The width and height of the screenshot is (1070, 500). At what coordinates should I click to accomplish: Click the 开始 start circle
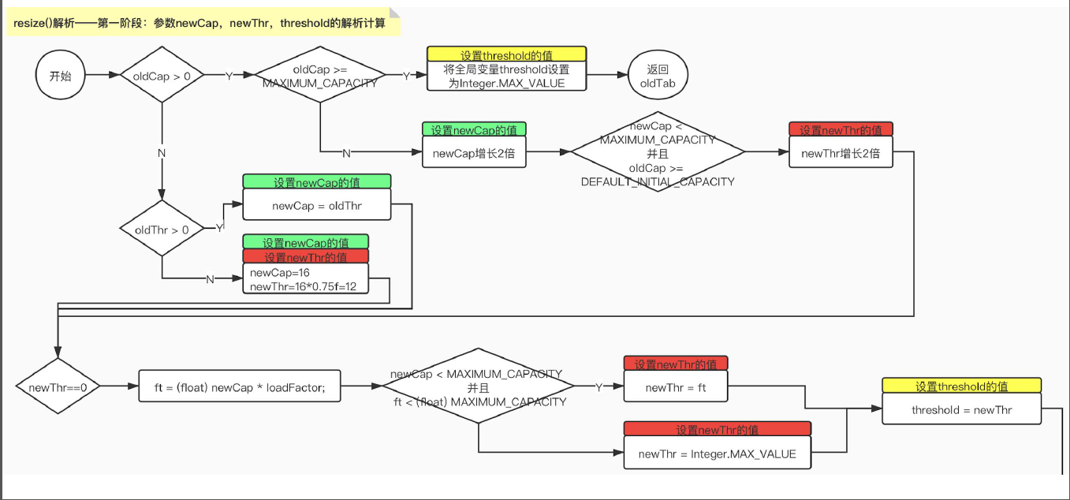coord(60,76)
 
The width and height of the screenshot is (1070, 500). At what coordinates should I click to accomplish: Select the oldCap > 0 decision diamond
coord(162,76)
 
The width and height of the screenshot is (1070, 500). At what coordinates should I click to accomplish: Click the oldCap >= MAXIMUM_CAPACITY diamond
coord(320,76)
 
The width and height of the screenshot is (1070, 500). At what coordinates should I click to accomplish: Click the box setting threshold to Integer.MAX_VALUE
coord(507,76)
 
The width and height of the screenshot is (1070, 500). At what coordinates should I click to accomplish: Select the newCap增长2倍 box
coord(474,153)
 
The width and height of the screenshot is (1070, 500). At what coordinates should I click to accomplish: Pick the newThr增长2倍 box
coord(841,153)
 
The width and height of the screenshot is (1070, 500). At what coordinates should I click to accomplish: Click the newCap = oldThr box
coord(316,205)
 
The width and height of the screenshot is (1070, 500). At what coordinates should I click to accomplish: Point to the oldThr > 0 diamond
coord(162,229)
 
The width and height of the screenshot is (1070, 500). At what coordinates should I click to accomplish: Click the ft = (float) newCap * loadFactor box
coord(240,386)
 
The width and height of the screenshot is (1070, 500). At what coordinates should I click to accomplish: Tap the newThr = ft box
coord(676,386)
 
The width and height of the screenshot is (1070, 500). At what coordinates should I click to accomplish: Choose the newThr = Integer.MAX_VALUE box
coord(717,453)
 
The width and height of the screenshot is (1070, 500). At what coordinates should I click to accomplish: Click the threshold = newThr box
coord(961,409)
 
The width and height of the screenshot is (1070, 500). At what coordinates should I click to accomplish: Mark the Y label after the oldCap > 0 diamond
coord(229,76)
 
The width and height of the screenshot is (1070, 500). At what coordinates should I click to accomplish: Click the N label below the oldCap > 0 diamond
coord(162,152)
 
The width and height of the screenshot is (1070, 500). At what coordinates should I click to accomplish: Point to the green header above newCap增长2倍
coord(474,129)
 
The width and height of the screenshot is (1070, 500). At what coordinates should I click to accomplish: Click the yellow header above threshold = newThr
coord(961,386)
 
